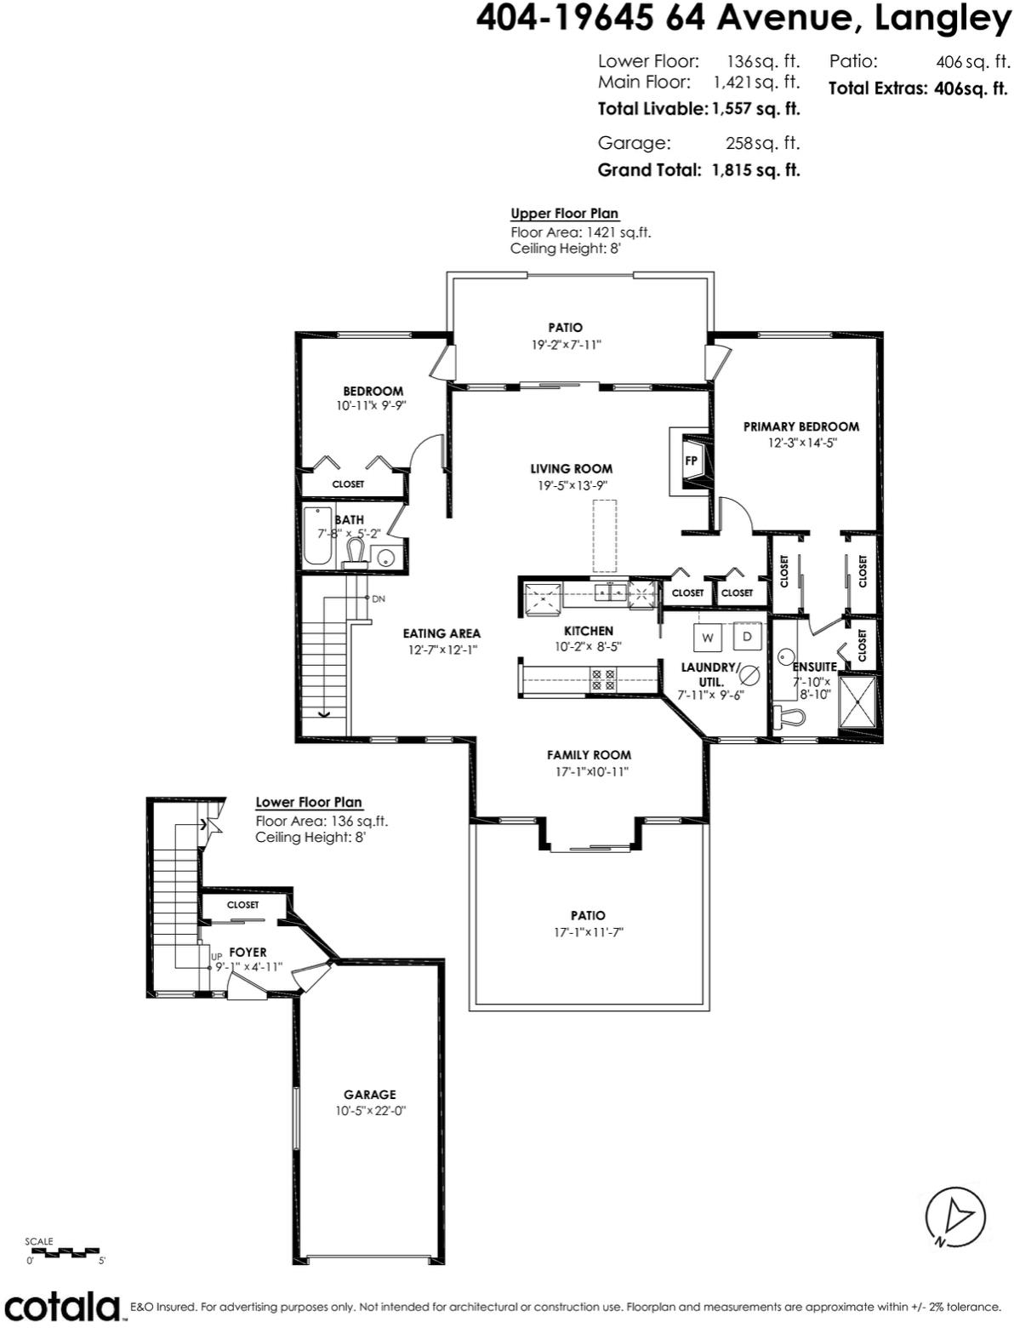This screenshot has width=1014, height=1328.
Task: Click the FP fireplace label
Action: coord(692,461)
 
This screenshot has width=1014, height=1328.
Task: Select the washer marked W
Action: coord(708,637)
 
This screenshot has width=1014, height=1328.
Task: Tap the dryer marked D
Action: coord(748,636)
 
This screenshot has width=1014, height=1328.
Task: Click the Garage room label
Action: coord(370,1095)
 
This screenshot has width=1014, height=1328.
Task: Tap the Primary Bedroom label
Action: coord(800,426)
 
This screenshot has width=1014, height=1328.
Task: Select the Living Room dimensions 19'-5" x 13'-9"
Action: coord(571,485)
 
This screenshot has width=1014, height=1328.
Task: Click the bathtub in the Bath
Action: coord(317,536)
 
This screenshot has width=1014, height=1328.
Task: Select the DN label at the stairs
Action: coord(379,599)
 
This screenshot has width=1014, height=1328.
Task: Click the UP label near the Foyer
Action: coord(217,957)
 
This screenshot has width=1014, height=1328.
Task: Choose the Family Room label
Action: coord(589,755)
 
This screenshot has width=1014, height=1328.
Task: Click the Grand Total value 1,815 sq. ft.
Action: coord(756,170)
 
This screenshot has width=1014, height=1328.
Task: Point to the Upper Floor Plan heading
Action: coord(564,214)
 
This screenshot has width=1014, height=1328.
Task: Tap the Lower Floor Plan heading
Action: coord(309,802)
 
